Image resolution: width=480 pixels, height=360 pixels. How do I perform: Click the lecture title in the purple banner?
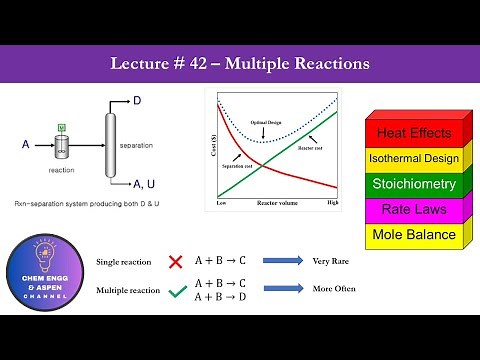pos(240,63)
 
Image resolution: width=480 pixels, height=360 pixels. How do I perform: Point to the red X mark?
pos(176,261)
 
